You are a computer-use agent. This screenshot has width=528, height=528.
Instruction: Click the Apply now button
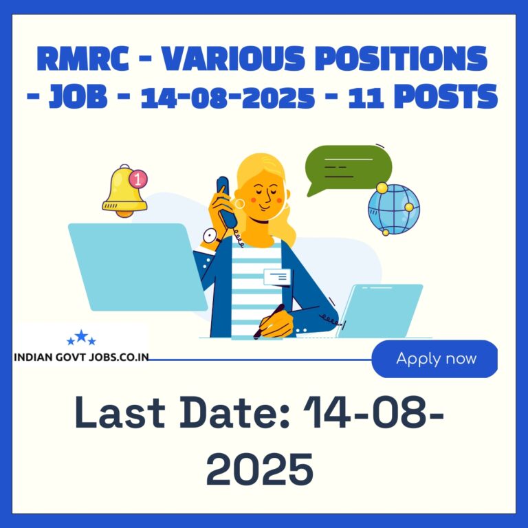click(434, 359)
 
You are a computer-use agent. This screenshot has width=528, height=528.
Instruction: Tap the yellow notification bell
click(124, 192)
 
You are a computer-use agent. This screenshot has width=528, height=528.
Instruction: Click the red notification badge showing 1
click(137, 179)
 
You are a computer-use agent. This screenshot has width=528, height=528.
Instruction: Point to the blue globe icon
click(394, 209)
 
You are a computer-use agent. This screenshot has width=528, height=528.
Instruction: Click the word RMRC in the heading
click(82, 58)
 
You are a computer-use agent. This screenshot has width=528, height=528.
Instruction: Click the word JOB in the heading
click(78, 96)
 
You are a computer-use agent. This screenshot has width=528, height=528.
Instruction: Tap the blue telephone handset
click(226, 201)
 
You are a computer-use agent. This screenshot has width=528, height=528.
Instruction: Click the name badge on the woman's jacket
click(277, 277)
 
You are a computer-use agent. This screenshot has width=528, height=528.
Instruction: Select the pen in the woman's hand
click(268, 322)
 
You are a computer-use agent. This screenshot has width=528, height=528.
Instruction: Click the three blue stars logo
click(82, 338)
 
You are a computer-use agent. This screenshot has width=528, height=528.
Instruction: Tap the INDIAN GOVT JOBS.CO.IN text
click(82, 357)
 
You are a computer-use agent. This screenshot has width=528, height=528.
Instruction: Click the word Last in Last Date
click(120, 412)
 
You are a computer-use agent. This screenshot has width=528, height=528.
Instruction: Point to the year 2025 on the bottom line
click(260, 469)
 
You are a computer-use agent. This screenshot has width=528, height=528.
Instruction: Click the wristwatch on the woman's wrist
click(211, 236)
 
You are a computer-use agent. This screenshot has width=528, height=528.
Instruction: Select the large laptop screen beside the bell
click(137, 267)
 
